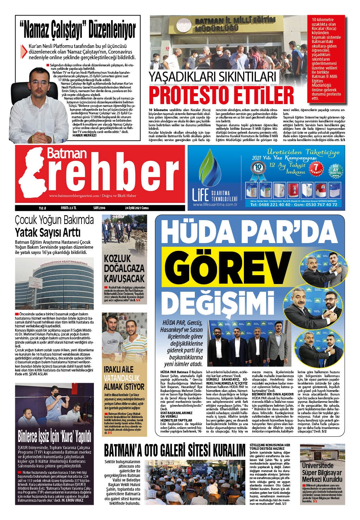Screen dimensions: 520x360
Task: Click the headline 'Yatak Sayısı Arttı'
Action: pyautogui.click(x=47, y=233)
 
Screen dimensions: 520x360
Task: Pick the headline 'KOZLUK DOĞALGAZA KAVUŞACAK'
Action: pyautogui.click(x=122, y=268)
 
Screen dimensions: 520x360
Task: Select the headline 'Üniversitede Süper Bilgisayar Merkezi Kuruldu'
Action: pyautogui.click(x=322, y=473)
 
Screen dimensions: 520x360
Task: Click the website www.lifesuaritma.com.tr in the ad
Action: pyautogui.click(x=214, y=205)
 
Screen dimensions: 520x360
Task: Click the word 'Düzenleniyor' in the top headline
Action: pyautogui.click(x=112, y=31)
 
